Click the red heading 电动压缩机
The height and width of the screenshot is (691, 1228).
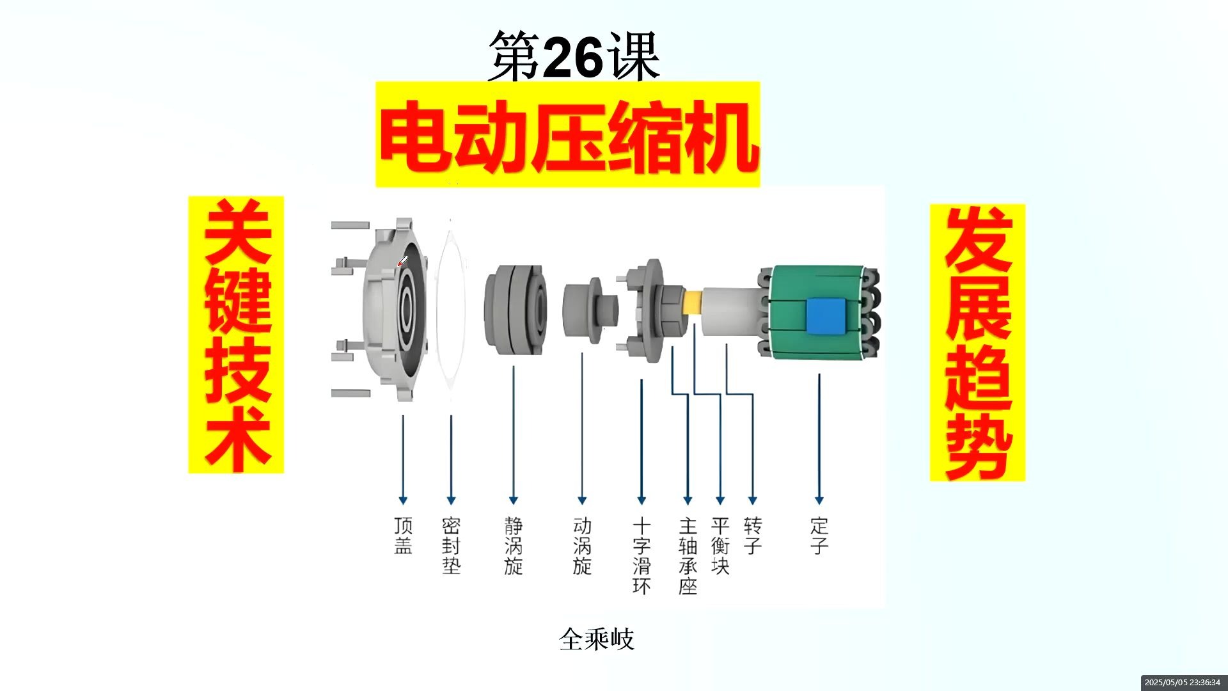pos(568,136)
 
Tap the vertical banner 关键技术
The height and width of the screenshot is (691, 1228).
pos(236,335)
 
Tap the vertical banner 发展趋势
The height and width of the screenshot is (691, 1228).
pos(977,343)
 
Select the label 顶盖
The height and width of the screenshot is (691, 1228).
pos(403,536)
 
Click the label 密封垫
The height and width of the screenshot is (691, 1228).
pos(451,545)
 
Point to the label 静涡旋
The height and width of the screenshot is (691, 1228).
pos(513,545)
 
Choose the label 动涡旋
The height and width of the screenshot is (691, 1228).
pos(582,545)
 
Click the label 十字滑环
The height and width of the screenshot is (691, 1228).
pos(642,555)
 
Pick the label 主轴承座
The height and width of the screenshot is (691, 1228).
pos(688,555)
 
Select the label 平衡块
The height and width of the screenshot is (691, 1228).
pos(720,545)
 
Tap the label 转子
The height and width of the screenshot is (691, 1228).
pos(753,536)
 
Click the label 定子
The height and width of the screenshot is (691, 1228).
pos(819,536)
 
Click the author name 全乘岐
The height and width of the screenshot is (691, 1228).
pos(596,639)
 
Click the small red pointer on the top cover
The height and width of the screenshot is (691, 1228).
pos(402,261)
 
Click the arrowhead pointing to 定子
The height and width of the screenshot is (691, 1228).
pos(819,500)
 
